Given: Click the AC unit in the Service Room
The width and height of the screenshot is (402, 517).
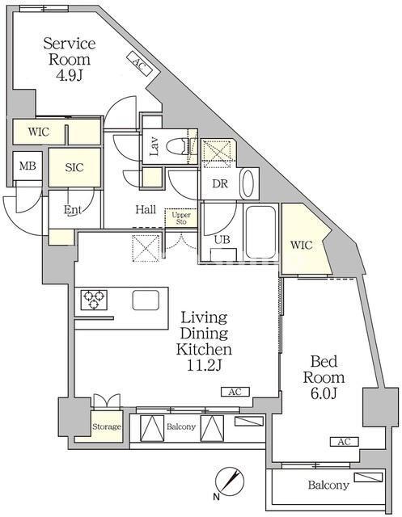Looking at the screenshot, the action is point(139,64).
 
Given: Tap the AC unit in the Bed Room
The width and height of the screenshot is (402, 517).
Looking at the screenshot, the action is point(345,442).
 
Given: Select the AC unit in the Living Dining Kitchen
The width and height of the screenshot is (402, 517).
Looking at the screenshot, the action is point(235,392).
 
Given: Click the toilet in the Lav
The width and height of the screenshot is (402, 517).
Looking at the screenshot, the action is point(177,147).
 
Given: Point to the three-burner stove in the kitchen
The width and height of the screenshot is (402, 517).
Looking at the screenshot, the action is point(94,300).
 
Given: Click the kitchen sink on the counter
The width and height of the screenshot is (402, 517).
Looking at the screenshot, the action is point(146,300).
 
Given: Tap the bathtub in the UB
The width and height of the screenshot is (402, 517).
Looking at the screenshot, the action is point(260,232).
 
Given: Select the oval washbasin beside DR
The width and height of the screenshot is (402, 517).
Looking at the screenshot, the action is point(248,183).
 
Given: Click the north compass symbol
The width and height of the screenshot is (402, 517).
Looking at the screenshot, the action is point(230,480).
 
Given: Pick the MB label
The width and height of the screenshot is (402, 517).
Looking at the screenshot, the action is point(28,166).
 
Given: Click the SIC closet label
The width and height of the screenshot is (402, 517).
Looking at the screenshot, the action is point(74,167).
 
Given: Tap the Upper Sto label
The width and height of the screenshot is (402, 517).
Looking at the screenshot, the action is point(181,218).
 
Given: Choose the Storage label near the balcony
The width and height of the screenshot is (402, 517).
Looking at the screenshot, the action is point(107,427).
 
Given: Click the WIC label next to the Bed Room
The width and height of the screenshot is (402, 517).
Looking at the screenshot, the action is point(302,245).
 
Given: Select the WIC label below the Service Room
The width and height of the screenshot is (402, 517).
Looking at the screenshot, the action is point(39,132).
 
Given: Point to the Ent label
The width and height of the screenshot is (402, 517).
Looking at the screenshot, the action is point(73,210).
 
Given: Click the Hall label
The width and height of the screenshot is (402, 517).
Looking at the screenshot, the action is point(146,209).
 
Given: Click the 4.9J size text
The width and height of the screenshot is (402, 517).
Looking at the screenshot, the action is point(70,76).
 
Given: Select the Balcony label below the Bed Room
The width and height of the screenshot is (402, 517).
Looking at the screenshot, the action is point(328,485).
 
